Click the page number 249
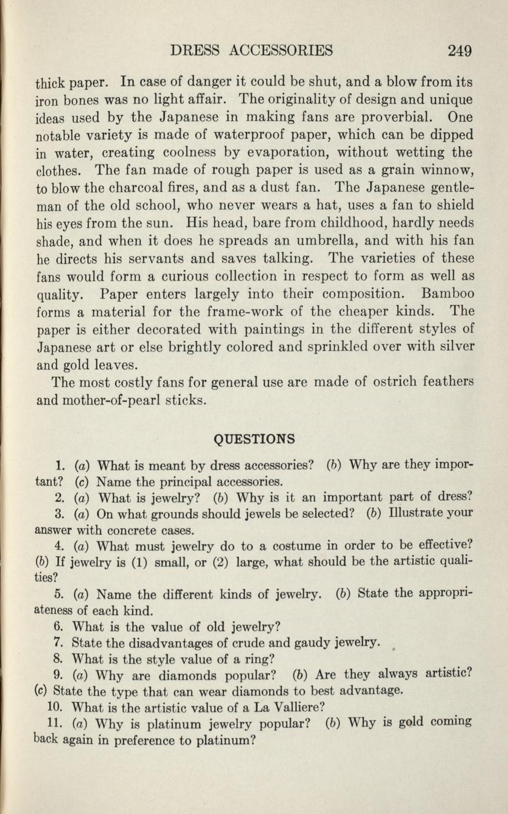[459, 51]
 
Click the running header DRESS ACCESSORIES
[251, 51]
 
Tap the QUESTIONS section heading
[254, 439]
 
